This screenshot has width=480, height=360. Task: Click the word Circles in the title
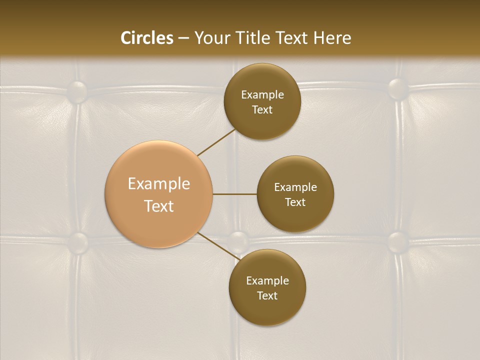[147, 38]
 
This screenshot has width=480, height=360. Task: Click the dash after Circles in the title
[183, 38]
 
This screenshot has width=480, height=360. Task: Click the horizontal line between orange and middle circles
[234, 194]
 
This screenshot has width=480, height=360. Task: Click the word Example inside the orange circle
[158, 184]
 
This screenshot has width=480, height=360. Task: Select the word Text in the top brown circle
[262, 109]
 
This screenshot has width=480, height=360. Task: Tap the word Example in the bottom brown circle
[267, 280]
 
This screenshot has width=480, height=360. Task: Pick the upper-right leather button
[398, 88]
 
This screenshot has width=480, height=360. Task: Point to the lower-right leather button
[398, 241]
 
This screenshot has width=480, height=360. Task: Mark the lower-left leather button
[77, 242]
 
